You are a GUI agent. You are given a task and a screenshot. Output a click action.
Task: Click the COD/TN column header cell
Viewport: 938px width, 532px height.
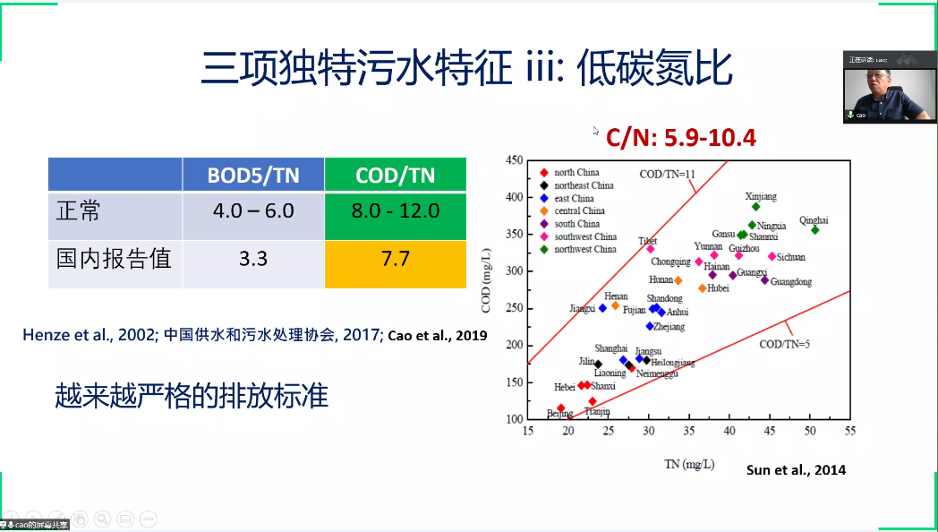coord(395,175)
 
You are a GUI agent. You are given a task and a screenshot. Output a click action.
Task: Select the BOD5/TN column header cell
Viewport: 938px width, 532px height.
coord(253,175)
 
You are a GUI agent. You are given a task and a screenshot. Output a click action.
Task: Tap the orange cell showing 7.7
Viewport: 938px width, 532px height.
coord(395,259)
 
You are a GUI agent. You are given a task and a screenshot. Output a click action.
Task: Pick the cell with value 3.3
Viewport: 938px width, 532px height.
coord(253,259)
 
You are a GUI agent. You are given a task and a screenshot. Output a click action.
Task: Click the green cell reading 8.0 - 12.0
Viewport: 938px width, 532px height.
coord(395,211)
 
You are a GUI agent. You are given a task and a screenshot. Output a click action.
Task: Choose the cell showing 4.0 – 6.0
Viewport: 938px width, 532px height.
coord(253,211)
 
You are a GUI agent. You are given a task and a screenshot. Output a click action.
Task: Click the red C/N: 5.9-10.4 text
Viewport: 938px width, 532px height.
coord(680,138)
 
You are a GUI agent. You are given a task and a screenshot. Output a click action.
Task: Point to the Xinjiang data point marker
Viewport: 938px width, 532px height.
coord(756,206)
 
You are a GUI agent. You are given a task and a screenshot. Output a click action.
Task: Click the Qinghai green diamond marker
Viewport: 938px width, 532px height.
coord(815,230)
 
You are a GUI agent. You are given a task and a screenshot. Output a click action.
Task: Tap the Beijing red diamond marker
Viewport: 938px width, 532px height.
coord(561,408)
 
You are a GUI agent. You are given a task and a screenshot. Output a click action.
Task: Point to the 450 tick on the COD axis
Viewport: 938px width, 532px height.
coord(514,160)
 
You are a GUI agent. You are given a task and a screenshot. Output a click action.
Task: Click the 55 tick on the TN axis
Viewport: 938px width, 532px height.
coord(849,431)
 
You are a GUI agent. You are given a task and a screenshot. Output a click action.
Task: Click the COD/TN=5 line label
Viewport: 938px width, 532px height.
coord(785,344)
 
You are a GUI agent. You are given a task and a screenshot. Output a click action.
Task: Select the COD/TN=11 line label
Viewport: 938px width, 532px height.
coord(667,174)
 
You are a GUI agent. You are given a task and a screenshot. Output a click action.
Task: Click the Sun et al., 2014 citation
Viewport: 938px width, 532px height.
coord(796,469)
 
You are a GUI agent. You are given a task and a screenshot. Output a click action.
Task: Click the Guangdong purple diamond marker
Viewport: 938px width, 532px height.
coord(765,280)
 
